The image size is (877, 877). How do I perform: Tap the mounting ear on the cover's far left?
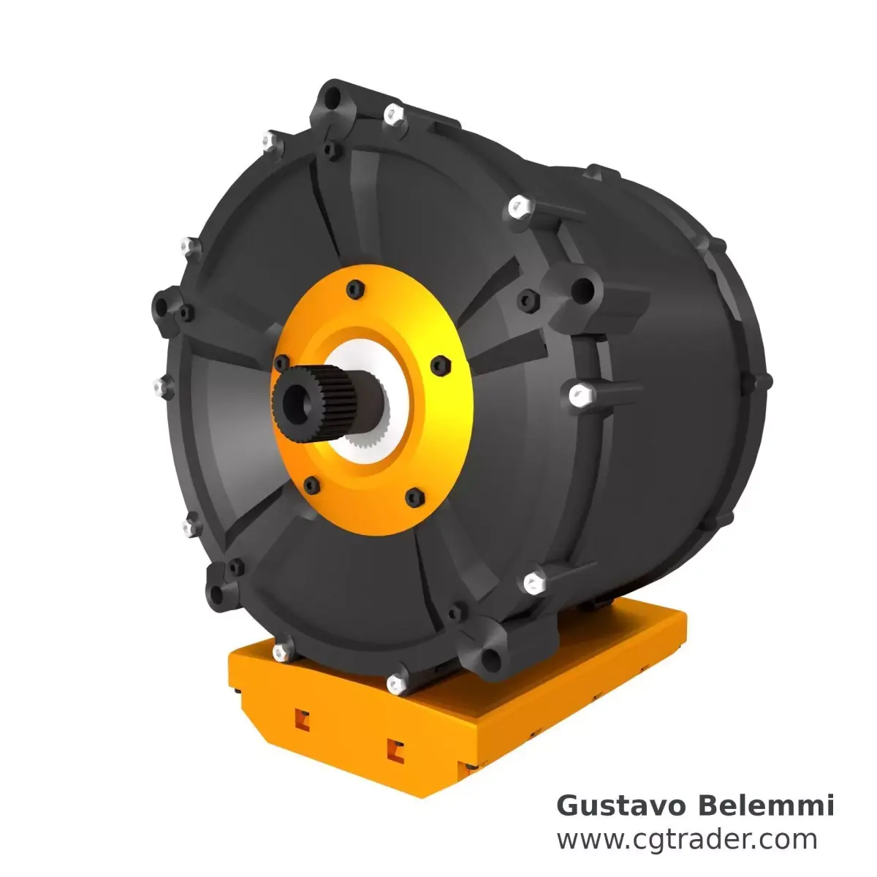(x=164, y=305)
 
